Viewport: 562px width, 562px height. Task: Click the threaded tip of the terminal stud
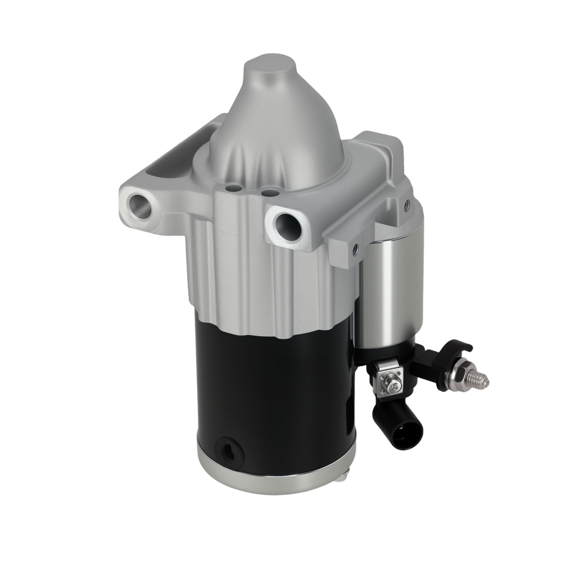point(481,380)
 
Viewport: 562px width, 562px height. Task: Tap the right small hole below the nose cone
point(269,193)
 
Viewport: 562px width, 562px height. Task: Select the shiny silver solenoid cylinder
point(388,292)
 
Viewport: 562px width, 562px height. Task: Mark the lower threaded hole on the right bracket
point(355,247)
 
